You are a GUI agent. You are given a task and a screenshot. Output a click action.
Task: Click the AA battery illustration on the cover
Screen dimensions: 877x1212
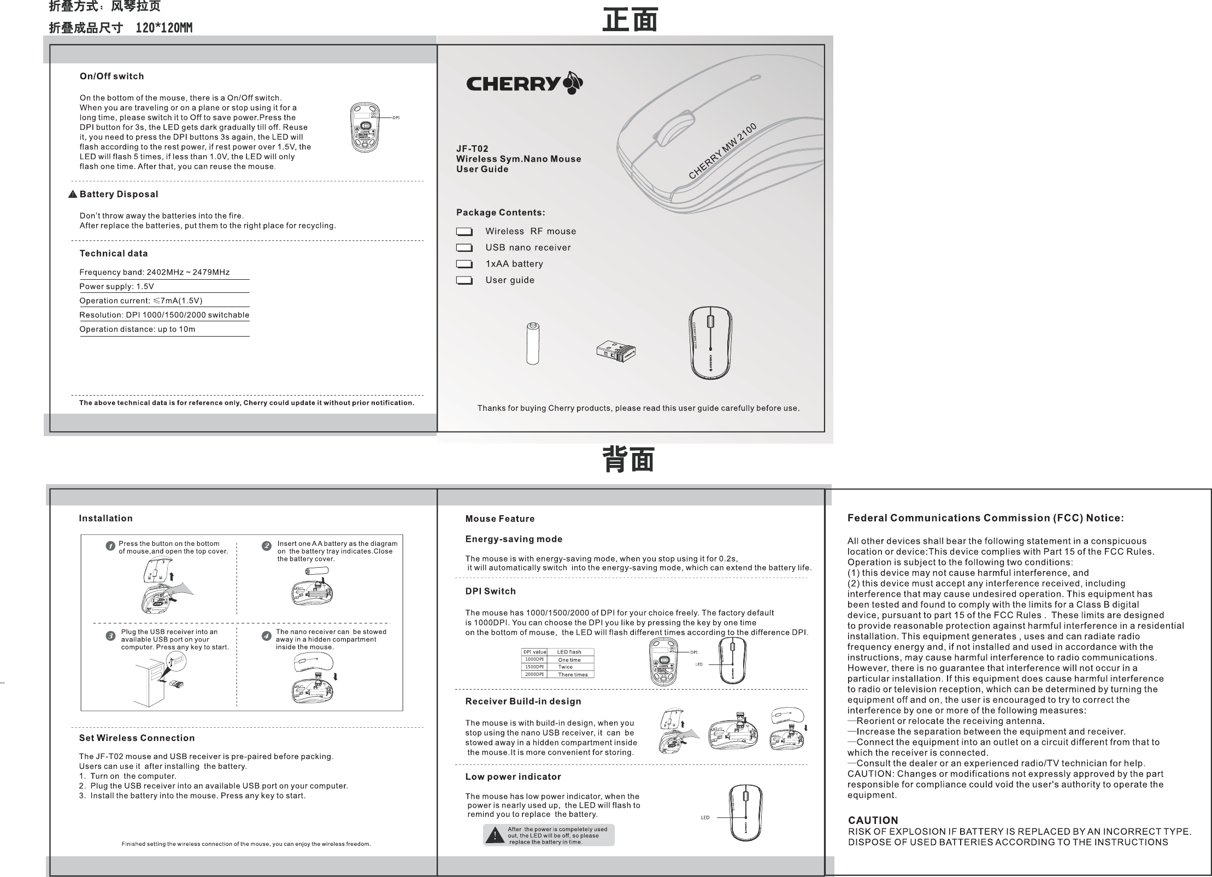533,344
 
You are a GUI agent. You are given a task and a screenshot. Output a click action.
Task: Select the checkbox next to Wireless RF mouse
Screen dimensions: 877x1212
464,232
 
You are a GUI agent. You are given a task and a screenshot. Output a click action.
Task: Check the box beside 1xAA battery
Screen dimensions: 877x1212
464,264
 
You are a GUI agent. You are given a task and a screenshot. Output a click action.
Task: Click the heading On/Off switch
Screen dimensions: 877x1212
111,76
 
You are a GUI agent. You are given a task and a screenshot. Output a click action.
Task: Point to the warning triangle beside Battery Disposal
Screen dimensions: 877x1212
73,195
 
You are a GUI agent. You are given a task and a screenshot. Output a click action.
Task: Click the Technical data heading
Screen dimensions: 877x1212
113,254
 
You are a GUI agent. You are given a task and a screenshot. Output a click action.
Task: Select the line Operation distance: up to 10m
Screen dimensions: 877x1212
137,329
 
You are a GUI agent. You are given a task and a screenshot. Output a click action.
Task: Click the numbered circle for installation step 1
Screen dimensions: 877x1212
110,546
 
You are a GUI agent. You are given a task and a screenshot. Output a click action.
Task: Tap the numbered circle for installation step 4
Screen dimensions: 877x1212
266,636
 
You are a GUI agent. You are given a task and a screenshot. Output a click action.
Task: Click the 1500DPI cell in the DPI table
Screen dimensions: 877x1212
534,667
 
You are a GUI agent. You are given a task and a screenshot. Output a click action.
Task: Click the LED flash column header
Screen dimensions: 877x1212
569,652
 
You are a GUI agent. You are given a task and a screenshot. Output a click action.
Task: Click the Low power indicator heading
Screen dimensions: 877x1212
513,777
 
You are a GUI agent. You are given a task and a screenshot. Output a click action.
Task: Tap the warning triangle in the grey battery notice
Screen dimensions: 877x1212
495,835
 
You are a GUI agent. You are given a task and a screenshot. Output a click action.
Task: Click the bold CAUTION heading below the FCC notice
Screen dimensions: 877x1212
873,821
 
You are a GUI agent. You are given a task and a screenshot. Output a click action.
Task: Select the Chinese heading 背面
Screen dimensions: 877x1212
628,459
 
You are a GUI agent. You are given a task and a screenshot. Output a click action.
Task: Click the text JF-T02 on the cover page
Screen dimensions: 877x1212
472,149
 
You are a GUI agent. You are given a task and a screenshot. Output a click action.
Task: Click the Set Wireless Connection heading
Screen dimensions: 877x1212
137,738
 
